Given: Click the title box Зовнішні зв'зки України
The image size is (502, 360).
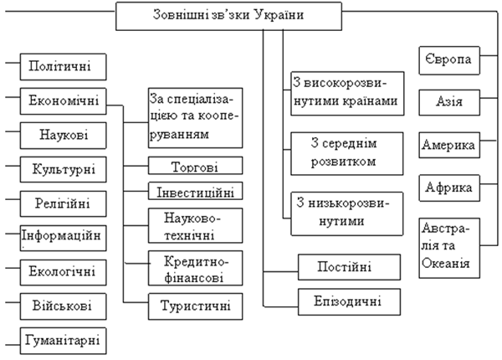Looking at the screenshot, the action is pyautogui.click(x=228, y=17).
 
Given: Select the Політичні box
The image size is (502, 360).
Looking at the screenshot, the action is pyautogui.click(x=63, y=67).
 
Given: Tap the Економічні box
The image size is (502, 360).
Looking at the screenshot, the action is pyautogui.click(x=63, y=101).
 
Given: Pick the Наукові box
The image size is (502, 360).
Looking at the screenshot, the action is pyautogui.click(x=63, y=136).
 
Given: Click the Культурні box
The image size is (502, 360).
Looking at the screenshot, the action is pyautogui.click(x=63, y=169).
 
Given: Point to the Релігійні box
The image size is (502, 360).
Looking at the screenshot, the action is pyautogui.click(x=63, y=204).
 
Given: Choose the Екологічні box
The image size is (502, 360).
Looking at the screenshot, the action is pyautogui.click(x=63, y=272).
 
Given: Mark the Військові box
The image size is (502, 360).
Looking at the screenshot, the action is pyautogui.click(x=63, y=306).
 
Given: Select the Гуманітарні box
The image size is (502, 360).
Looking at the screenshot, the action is pyautogui.click(x=63, y=341).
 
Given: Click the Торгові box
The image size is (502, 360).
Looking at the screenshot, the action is pyautogui.click(x=195, y=166).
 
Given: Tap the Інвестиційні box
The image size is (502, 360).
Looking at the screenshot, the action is pyautogui.click(x=195, y=191).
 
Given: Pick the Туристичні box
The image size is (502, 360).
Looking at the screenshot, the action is pyautogui.click(x=195, y=306).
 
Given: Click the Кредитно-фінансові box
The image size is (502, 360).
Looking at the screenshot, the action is pyautogui.click(x=195, y=268).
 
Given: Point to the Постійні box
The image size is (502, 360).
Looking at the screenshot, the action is pyautogui.click(x=349, y=267).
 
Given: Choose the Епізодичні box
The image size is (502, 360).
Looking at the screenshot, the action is pyautogui.click(x=349, y=302).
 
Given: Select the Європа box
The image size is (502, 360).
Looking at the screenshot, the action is pyautogui.click(x=449, y=60).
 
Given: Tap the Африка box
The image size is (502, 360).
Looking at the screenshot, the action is pyautogui.click(x=449, y=188).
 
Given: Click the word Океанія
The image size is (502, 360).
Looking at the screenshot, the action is pyautogui.click(x=446, y=264).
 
